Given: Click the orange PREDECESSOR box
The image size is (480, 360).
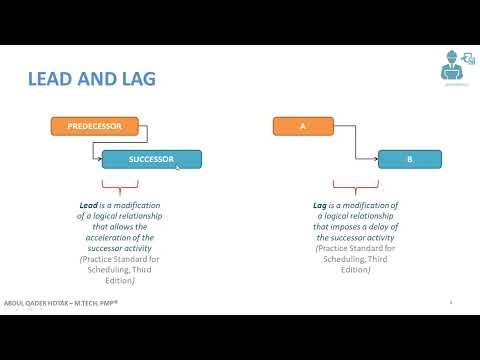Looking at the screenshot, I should (94, 127).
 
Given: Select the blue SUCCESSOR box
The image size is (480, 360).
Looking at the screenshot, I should (152, 159).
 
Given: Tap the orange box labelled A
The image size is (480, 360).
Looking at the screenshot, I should (303, 127).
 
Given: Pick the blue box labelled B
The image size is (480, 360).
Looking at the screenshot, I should (409, 159).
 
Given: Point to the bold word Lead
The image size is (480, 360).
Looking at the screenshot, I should (88, 204).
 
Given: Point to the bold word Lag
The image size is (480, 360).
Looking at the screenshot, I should (321, 204).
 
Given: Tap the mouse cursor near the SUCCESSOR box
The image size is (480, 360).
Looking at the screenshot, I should (179, 166).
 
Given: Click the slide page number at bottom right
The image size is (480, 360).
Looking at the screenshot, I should (451, 301).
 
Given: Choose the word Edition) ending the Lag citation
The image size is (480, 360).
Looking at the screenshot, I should (355, 270).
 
